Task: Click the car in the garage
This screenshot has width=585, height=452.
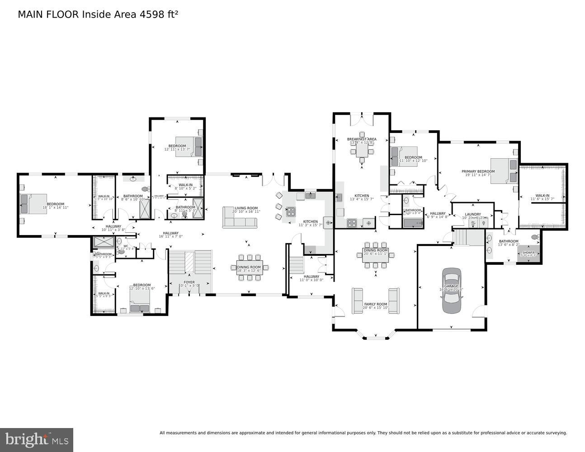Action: pyautogui.click(x=451, y=291)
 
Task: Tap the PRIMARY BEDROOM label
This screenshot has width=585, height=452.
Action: pyautogui.click(x=478, y=171)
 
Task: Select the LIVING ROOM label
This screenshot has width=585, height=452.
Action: pyautogui.click(x=246, y=208)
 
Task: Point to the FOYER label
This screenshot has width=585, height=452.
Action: pyautogui.click(x=189, y=282)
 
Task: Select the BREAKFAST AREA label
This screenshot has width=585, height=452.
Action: pyautogui.click(x=362, y=139)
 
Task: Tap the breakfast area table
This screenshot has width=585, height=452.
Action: pyautogui.click(x=362, y=150)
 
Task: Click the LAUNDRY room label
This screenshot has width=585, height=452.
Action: pyautogui.click(x=473, y=214)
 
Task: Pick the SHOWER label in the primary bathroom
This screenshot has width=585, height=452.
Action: pyautogui.click(x=528, y=253)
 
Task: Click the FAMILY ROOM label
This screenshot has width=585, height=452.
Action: pyautogui.click(x=376, y=304)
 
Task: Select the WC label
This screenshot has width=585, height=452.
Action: pyautogui.click(x=120, y=246)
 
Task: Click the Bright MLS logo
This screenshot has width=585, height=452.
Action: pyautogui.click(x=37, y=439)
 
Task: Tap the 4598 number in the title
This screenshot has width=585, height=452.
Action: pyautogui.click(x=149, y=14)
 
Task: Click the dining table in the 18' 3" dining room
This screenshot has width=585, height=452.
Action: pyautogui.click(x=250, y=267)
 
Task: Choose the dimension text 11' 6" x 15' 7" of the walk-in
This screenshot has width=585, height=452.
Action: pyautogui.click(x=542, y=199)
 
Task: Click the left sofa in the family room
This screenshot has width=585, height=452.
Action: pyautogui.click(x=357, y=300)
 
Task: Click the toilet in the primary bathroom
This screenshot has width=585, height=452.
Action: pyautogui.click(x=535, y=237)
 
